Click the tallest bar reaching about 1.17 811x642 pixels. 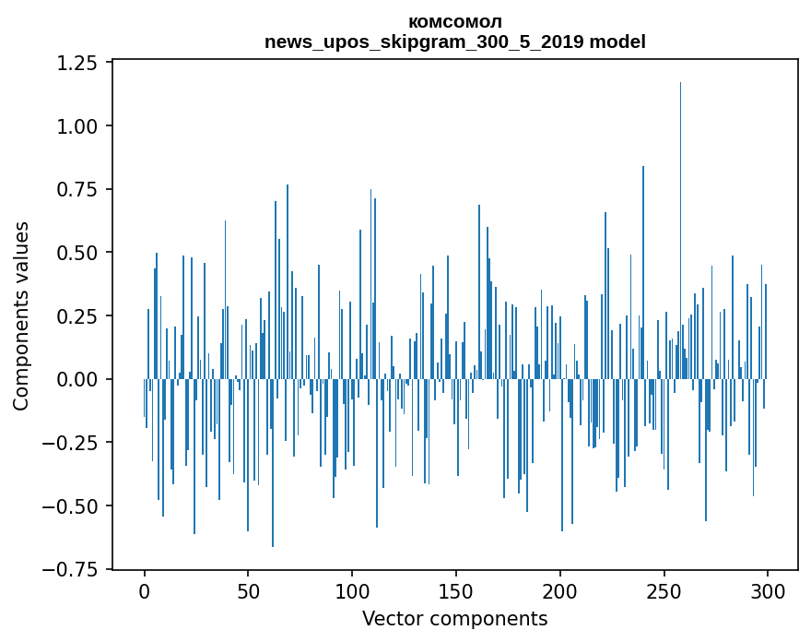click(680, 231)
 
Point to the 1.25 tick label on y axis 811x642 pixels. click(77, 63)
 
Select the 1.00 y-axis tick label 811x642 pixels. click(77, 125)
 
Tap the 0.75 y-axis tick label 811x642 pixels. click(77, 189)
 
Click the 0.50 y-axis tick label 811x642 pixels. click(77, 253)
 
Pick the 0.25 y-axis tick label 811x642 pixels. click(77, 316)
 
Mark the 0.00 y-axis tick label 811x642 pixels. click(77, 379)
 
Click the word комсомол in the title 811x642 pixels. click(455, 22)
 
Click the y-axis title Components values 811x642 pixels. click(21, 315)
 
